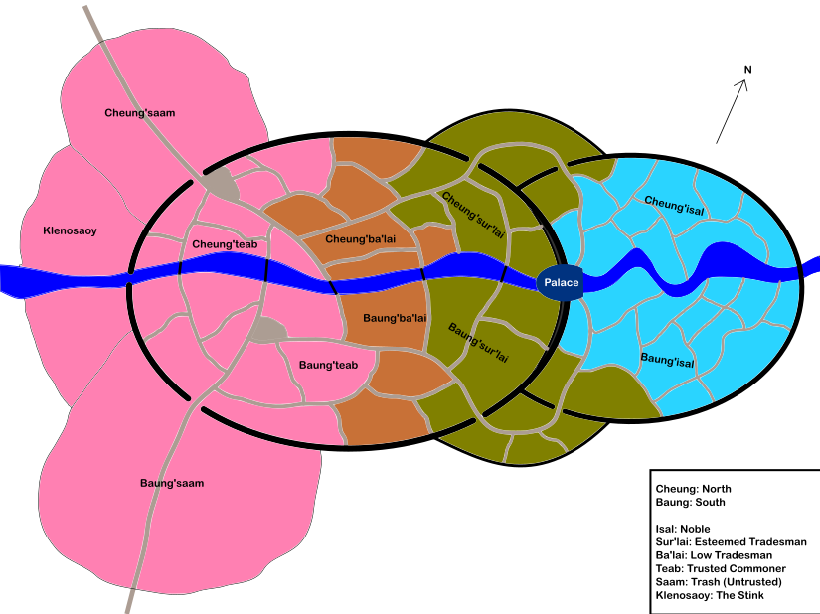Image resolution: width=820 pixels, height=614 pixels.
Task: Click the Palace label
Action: tap(561, 283)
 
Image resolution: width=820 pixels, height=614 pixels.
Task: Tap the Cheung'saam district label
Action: tap(139, 113)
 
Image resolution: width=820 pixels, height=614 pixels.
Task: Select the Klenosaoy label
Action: tap(70, 231)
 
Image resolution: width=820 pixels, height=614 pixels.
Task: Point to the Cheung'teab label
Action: tap(225, 244)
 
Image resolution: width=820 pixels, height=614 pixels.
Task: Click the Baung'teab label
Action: tap(328, 366)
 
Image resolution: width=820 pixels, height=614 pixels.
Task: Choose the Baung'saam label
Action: tap(171, 484)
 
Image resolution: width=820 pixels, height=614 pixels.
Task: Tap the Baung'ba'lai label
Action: tap(395, 319)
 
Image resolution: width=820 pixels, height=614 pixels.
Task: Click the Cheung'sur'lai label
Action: tap(473, 214)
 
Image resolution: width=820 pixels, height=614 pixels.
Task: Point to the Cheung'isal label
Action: tap(675, 203)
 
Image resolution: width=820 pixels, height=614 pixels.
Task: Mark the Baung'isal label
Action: tap(667, 359)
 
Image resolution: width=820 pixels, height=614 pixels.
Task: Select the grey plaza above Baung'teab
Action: tap(265, 330)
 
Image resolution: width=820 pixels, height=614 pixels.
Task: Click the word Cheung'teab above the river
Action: tap(225, 244)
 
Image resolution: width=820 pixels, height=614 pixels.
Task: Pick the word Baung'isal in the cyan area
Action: tap(667, 359)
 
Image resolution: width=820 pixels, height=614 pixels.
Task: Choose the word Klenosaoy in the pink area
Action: tap(70, 231)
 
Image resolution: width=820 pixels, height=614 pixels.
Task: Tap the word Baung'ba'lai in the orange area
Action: tap(395, 319)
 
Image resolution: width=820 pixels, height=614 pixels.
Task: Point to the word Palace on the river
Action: tap(561, 283)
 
